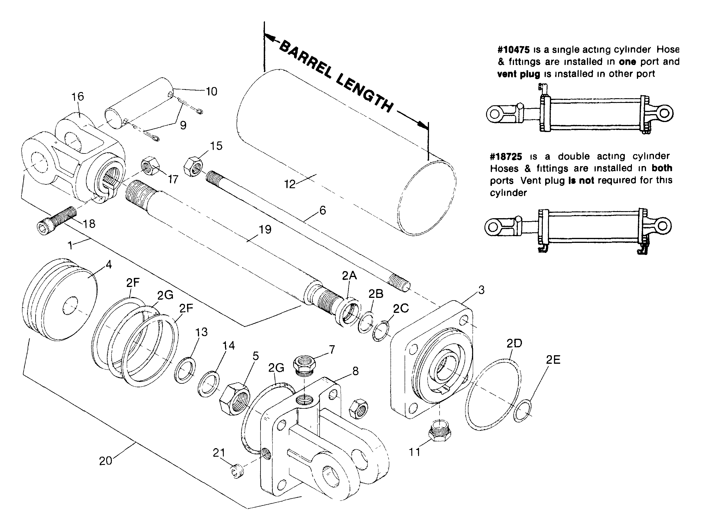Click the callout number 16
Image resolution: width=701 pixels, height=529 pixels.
78,96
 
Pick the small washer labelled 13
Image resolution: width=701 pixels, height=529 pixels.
185,370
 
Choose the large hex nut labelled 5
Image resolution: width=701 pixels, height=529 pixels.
235,398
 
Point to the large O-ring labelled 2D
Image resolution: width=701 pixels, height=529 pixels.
494,394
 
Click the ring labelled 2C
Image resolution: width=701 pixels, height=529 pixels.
382,331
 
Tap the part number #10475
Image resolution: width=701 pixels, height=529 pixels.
513,50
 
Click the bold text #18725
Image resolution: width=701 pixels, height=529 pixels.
506,156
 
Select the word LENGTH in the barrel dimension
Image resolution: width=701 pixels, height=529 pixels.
364,94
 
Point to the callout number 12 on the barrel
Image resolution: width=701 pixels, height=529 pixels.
290,184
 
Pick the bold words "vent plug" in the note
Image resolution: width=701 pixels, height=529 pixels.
519,74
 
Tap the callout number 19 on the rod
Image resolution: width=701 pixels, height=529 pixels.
265,229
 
